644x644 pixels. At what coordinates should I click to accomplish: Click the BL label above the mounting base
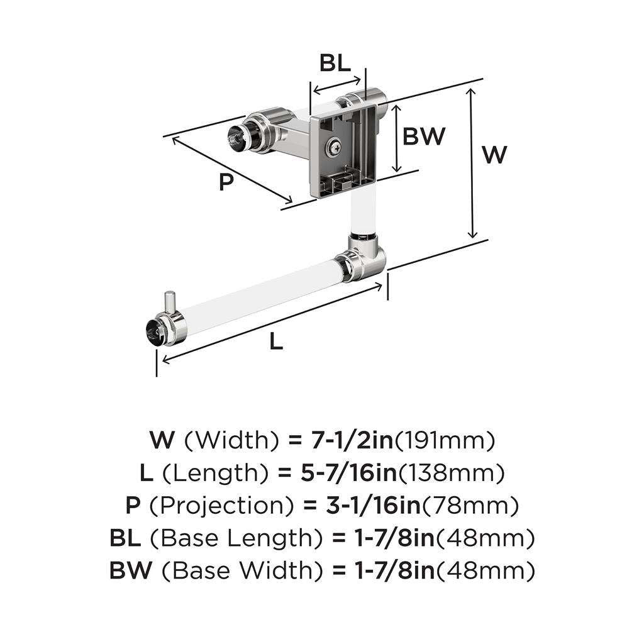335,63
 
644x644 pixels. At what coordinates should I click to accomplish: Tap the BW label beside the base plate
424,136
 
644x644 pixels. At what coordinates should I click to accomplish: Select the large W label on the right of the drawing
494,155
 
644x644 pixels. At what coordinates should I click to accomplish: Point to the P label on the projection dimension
226,182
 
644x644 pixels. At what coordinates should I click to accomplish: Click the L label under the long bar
276,341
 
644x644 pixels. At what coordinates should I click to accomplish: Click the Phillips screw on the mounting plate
333,147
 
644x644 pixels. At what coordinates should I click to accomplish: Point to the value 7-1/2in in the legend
352,440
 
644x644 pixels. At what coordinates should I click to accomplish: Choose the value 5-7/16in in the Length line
348,472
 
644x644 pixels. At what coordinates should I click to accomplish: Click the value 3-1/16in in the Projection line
374,505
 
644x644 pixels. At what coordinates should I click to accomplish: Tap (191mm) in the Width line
445,440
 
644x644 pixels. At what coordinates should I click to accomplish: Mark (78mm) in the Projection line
470,505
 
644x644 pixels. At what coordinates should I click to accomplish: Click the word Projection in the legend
222,506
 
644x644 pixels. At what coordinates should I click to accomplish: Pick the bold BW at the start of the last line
131,570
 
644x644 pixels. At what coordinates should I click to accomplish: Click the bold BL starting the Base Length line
125,538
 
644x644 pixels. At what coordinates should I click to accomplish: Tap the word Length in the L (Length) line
216,473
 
